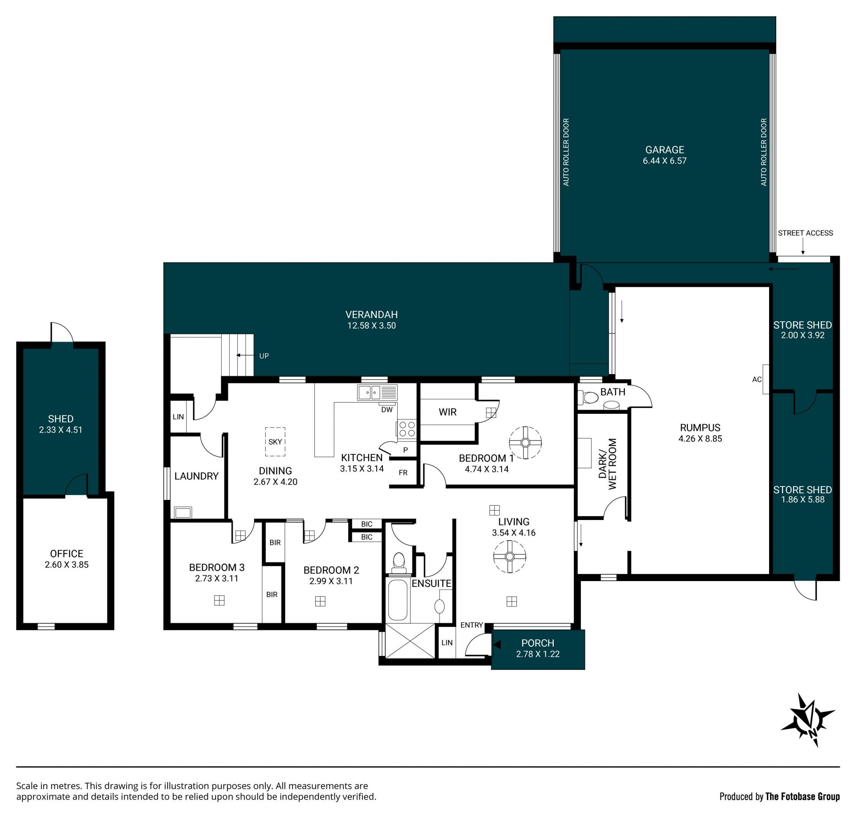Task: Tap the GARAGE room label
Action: click(664, 150)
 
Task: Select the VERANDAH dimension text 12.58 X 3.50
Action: click(371, 326)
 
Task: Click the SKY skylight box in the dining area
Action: click(275, 441)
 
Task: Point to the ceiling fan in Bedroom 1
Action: click(525, 442)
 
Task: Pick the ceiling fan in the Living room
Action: click(510, 557)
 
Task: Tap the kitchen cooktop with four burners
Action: click(407, 429)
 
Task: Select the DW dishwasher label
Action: click(387, 409)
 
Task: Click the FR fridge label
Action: click(403, 473)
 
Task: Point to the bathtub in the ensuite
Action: click(398, 600)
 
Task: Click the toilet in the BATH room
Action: click(588, 397)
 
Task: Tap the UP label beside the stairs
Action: click(264, 356)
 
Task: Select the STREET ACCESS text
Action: click(805, 233)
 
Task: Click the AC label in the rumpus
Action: click(757, 380)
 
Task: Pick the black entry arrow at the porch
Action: click(497, 644)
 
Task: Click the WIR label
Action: click(447, 412)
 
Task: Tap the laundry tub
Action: click(183, 512)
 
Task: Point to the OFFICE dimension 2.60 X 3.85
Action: click(66, 565)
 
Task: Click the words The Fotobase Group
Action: click(802, 796)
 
